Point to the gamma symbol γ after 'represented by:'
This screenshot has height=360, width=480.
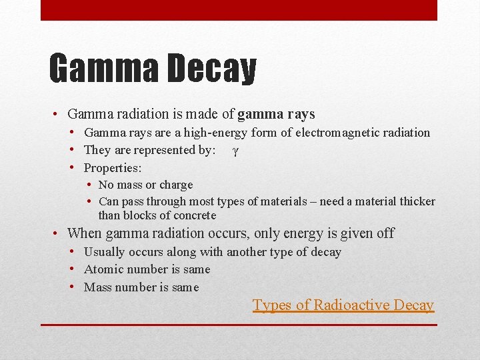click(235, 151)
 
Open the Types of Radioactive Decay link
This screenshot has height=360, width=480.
click(343, 305)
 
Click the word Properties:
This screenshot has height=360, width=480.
click(113, 168)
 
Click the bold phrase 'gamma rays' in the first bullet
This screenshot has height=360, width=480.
click(276, 115)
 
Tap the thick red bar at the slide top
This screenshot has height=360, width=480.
click(239, 10)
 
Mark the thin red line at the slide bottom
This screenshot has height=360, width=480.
click(239, 325)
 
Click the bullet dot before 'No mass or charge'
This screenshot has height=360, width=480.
click(89, 185)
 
